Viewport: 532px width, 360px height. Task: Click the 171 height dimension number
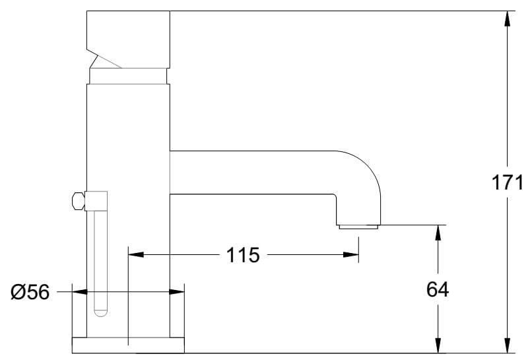click(508, 182)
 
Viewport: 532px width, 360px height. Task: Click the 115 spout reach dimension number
click(244, 254)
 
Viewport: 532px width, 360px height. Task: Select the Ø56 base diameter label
click(30, 291)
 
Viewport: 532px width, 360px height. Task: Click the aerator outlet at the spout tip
click(358, 227)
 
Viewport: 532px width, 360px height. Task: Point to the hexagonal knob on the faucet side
click(77, 200)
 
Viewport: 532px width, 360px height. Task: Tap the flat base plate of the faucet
click(127, 345)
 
